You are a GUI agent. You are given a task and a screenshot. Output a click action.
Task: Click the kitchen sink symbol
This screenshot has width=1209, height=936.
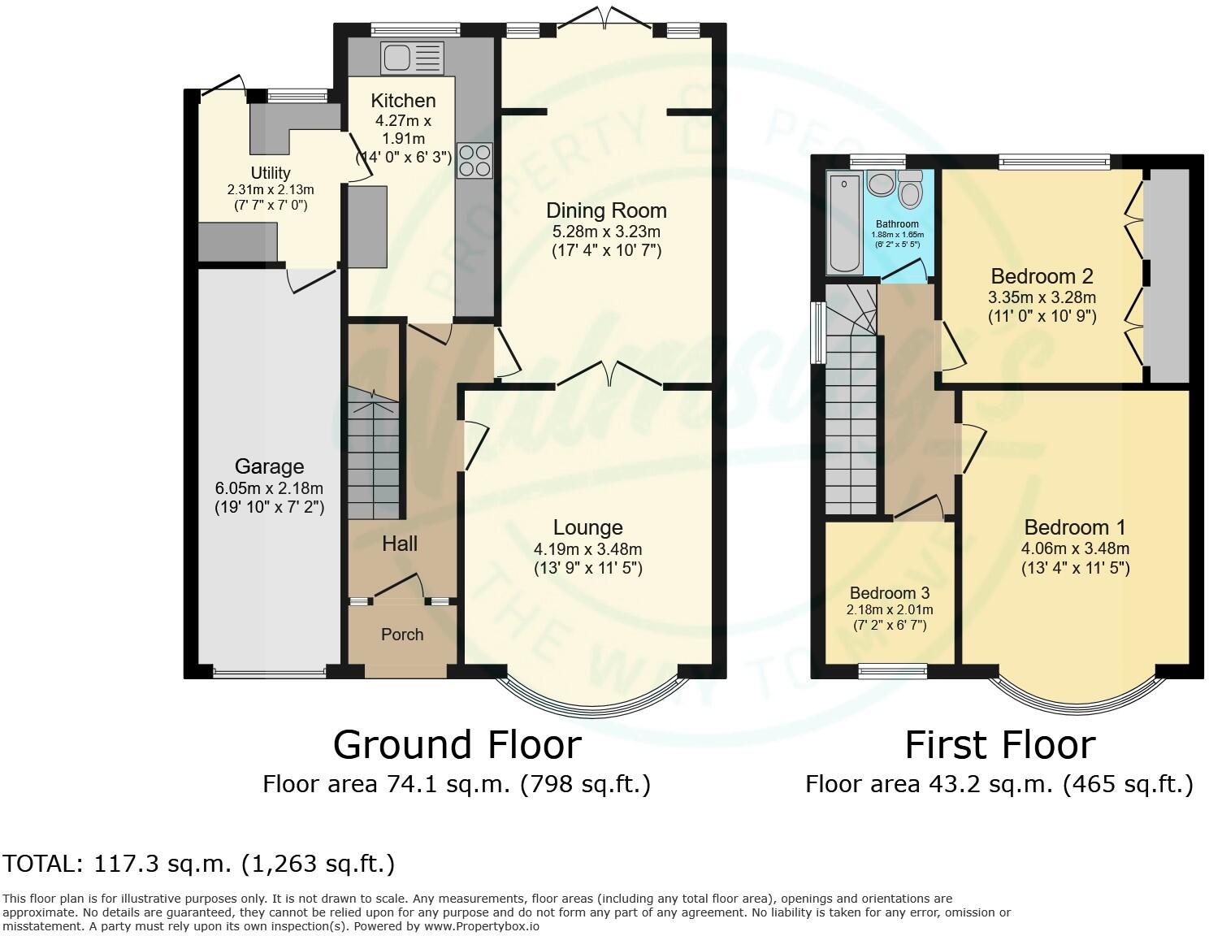pyautogui.click(x=412, y=58)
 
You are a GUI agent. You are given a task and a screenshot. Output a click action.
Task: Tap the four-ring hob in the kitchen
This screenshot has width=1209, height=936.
pyautogui.click(x=474, y=159)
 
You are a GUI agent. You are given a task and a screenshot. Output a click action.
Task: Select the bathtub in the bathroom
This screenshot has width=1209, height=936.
pyautogui.click(x=844, y=221)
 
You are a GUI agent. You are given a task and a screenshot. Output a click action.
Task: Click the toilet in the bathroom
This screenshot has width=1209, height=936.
pyautogui.click(x=909, y=191)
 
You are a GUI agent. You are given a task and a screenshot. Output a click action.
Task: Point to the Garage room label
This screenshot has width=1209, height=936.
pyautogui.click(x=269, y=466)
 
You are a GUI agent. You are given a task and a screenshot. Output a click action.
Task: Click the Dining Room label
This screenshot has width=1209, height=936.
pyautogui.click(x=606, y=210)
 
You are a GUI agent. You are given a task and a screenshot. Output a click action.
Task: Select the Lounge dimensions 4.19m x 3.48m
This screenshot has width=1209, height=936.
pyautogui.click(x=588, y=549)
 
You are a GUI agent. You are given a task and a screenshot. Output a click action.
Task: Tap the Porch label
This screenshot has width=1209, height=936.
pyautogui.click(x=402, y=635)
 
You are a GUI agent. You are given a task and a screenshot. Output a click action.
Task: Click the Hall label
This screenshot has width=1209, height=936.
pyautogui.click(x=400, y=544)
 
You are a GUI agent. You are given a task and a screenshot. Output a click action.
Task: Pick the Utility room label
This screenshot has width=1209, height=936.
pyautogui.click(x=271, y=173)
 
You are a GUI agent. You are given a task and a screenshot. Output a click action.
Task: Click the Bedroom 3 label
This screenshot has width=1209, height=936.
pyautogui.click(x=889, y=593)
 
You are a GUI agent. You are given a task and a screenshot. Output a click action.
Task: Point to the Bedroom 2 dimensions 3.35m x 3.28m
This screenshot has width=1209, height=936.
pyautogui.click(x=1042, y=297)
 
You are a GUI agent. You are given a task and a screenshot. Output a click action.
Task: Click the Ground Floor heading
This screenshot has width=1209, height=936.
pyautogui.click(x=457, y=744)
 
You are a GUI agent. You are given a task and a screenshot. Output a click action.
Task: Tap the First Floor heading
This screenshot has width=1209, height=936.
pyautogui.click(x=999, y=745)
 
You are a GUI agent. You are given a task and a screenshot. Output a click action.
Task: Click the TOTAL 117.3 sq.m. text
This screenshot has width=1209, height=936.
pyautogui.click(x=199, y=863)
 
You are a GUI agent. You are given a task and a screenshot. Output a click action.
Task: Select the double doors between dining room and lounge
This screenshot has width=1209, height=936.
pyautogui.click(x=609, y=375)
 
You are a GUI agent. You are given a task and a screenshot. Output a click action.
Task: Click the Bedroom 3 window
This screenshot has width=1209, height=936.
pyautogui.click(x=893, y=670)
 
